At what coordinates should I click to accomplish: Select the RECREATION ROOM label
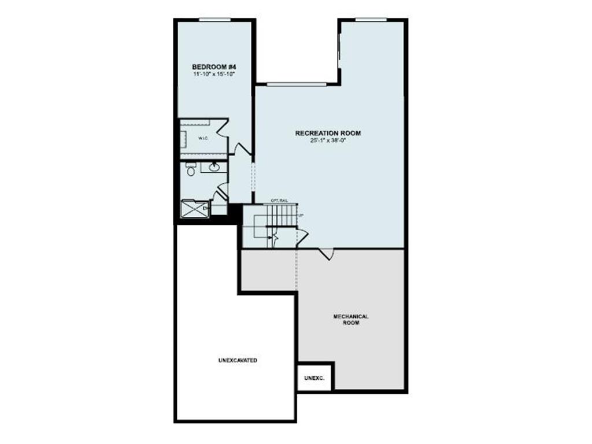click(328, 133)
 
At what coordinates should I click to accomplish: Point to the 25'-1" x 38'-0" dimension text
click(328, 140)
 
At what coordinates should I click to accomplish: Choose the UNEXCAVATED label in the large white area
click(238, 360)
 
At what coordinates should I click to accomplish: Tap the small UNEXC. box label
click(314, 379)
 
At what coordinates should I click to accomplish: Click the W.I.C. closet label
click(203, 139)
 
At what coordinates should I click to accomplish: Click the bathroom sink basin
click(214, 167)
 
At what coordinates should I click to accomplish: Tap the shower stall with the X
click(195, 208)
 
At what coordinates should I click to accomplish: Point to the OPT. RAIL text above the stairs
click(279, 200)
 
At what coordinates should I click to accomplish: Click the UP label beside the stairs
click(299, 216)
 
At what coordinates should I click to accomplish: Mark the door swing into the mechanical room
click(327, 253)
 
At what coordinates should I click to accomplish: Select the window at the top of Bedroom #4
click(215, 20)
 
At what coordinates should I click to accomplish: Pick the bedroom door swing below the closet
click(242, 149)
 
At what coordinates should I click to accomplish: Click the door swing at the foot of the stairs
click(301, 237)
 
